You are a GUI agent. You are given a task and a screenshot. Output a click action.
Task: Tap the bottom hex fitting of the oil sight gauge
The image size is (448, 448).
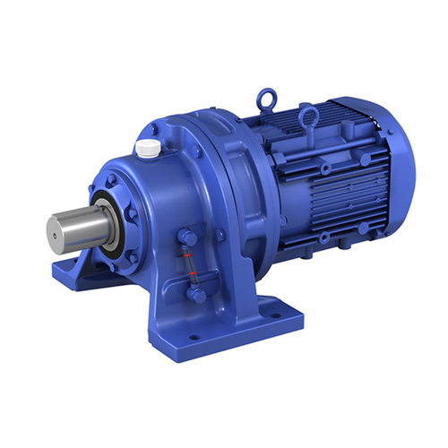(196, 293)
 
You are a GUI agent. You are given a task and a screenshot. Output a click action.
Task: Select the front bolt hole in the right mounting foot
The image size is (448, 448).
(192, 338)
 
